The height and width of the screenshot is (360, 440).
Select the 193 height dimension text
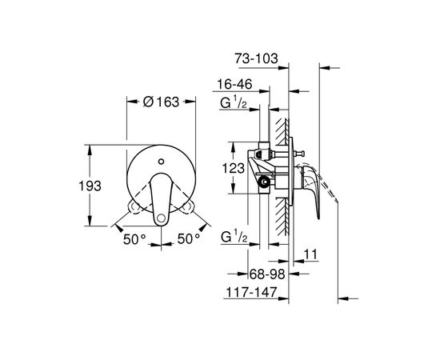click(x=100, y=186)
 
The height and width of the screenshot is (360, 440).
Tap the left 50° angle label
click(x=134, y=238)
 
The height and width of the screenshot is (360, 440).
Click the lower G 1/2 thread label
click(x=234, y=237)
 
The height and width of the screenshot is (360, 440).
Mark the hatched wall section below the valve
click(x=280, y=220)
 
